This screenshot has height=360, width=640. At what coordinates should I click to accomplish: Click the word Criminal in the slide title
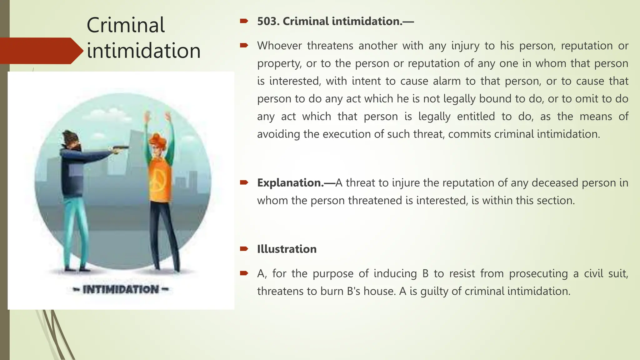click(125, 25)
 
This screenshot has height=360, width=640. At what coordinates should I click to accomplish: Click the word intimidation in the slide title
click(143, 51)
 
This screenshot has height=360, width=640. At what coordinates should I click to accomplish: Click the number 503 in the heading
click(268, 21)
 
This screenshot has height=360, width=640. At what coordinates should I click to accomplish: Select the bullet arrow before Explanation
click(244, 182)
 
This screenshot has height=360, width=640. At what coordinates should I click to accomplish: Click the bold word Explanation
click(290, 183)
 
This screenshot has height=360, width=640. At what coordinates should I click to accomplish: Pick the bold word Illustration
click(287, 249)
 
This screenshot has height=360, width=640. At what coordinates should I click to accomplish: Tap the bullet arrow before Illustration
click(244, 249)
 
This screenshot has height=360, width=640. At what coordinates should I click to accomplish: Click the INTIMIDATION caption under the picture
click(121, 289)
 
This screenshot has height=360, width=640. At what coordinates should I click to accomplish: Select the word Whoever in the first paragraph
click(279, 46)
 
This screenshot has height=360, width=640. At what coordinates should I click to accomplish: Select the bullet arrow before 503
click(244, 21)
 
